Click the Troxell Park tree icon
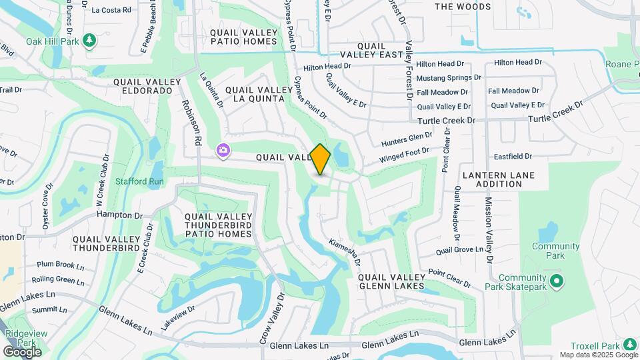click(x=630, y=345)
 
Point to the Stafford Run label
click(x=139, y=181)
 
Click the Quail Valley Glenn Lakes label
click(x=391, y=281)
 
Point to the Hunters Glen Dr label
click(x=407, y=140)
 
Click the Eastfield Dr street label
click(x=513, y=157)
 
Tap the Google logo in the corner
click(x=22, y=351)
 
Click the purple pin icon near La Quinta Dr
click(x=223, y=152)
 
